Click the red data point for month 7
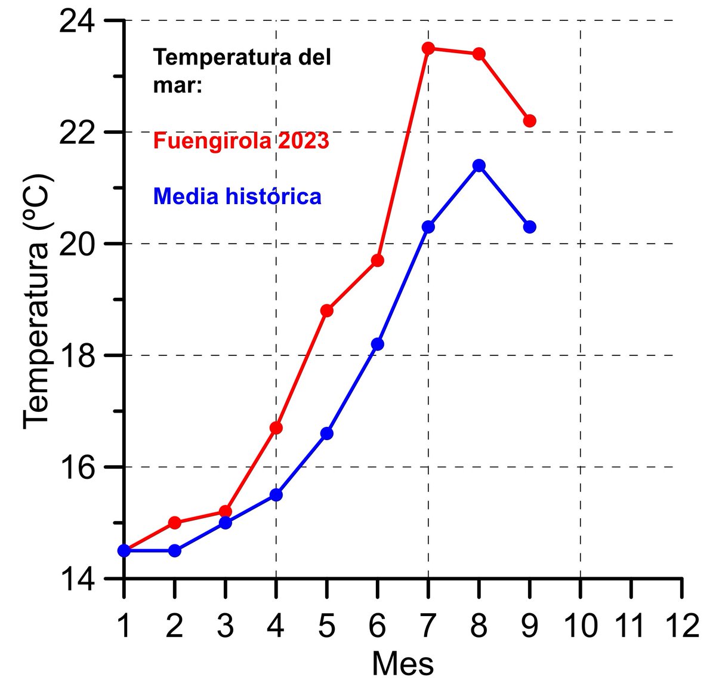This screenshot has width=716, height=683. [428, 48]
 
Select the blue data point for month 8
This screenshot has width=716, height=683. [479, 165]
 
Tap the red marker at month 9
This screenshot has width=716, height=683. [529, 121]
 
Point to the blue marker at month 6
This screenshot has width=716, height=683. [377, 344]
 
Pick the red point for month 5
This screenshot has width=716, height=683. [326, 310]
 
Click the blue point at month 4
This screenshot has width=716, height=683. [276, 494]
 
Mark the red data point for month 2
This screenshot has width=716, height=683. [175, 522]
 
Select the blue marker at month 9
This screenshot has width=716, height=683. [529, 227]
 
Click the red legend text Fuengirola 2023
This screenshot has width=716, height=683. [241, 141]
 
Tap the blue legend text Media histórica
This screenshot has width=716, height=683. [237, 196]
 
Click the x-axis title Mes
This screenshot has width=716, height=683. [403, 663]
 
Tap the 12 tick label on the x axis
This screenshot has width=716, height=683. [682, 626]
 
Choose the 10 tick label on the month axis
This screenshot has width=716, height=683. [581, 626]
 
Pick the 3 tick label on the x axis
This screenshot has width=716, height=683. [226, 626]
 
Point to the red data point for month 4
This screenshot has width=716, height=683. [276, 427]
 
